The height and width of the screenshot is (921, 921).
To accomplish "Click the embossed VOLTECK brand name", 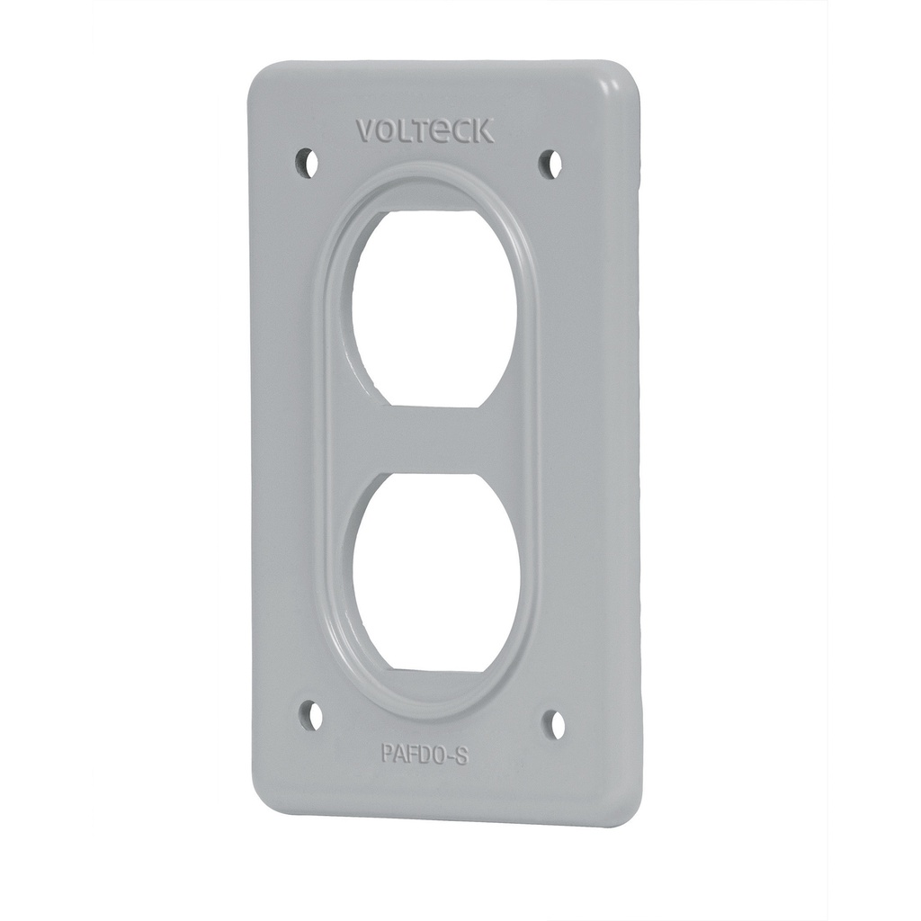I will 425,131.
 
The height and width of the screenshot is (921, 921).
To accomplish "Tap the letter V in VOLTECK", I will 365,132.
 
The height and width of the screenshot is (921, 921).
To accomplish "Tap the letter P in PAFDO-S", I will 387,751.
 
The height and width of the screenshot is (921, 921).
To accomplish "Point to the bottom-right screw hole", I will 557,723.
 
